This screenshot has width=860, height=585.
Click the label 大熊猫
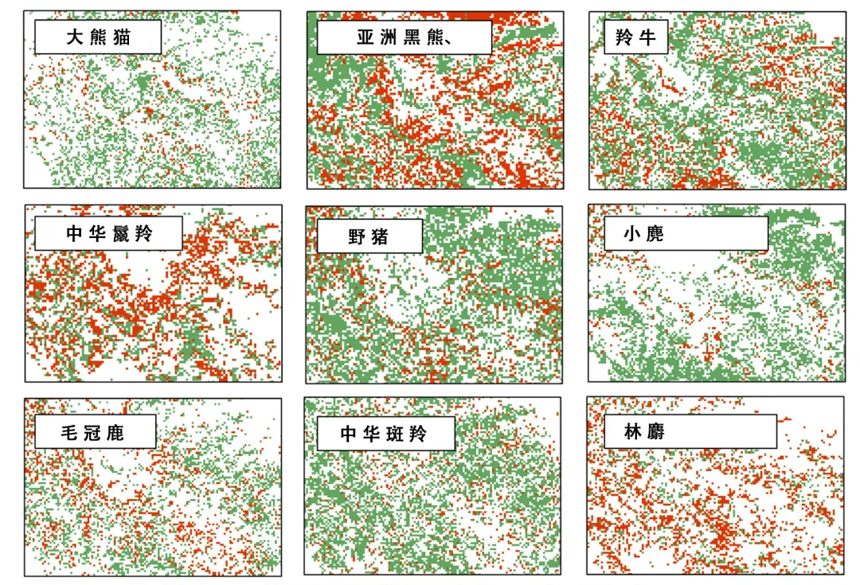tap(100, 37)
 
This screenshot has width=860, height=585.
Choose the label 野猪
tap(369, 236)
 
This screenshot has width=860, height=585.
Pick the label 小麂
tap(646, 234)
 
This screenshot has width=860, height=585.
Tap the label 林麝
tap(646, 431)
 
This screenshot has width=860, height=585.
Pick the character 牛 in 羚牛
tap(647, 37)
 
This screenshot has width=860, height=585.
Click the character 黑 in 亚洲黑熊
tap(412, 37)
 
